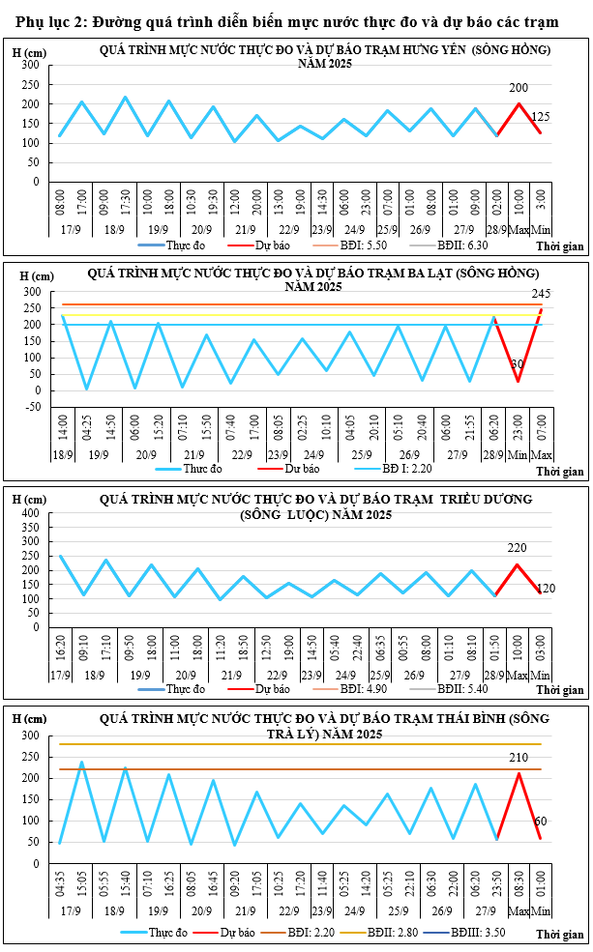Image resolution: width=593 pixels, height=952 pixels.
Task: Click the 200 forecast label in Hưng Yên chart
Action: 519,87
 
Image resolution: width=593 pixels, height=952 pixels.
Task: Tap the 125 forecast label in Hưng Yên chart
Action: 542,117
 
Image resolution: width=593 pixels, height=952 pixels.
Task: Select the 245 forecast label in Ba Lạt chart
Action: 542,293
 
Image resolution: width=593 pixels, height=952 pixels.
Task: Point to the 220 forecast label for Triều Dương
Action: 517,548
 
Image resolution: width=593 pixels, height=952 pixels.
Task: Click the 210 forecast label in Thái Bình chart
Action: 519,758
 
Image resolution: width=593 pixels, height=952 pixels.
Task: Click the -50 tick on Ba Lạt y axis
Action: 31,407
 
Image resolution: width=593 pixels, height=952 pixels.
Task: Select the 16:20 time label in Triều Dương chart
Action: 61,647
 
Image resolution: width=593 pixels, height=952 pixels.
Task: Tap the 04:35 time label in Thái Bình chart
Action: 60,880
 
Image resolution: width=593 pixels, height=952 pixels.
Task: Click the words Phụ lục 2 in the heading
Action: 49,23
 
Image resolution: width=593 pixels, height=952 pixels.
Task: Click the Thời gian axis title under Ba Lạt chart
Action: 561,473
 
